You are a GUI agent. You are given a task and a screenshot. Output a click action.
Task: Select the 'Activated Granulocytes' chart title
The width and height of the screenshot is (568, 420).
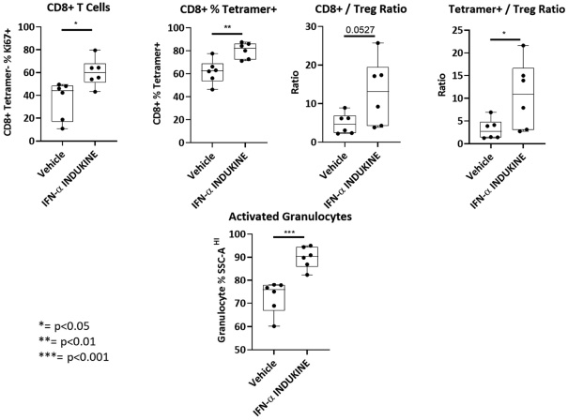click(x=292, y=217)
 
